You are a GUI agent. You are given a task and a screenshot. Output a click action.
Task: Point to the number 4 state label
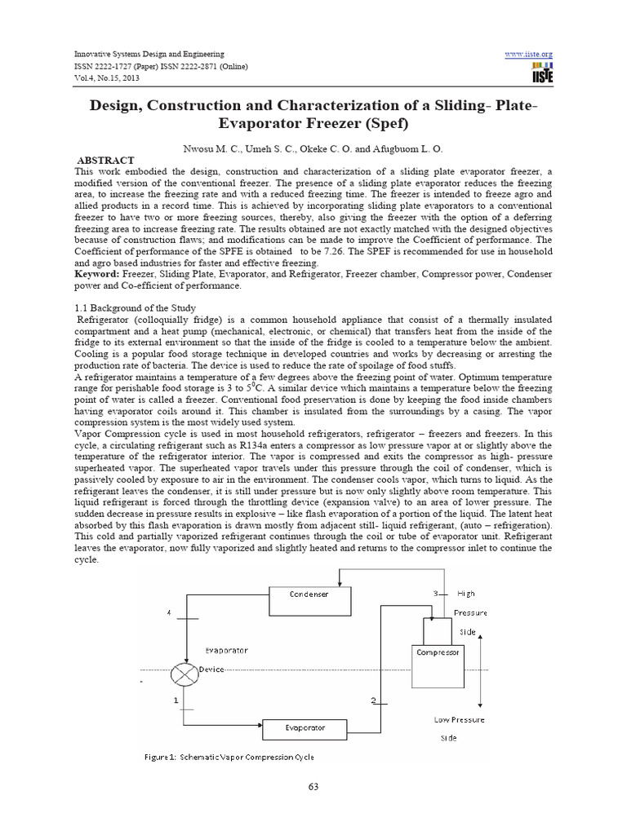click(x=169, y=612)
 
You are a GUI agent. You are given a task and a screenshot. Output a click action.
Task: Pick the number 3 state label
click(x=436, y=593)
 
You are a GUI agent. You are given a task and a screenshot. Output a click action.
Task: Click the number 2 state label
click(x=373, y=700)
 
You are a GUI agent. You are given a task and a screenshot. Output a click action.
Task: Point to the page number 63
click(x=313, y=787)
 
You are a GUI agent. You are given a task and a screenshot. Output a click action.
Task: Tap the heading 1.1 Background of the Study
click(x=137, y=308)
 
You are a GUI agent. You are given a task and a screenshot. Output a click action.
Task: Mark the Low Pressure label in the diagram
click(x=459, y=720)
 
